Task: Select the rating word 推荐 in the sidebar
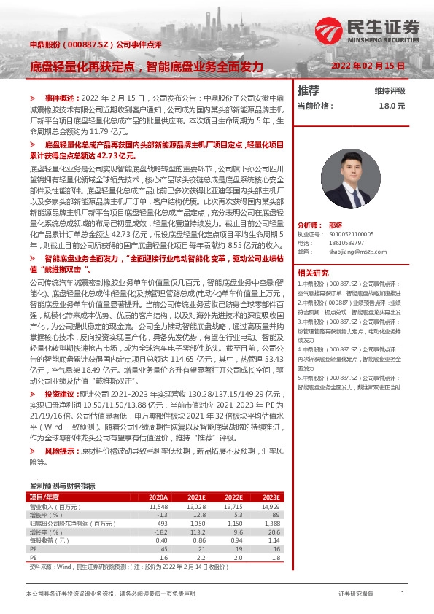[x=309, y=90]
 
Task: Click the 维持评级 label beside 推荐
[x=390, y=90]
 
